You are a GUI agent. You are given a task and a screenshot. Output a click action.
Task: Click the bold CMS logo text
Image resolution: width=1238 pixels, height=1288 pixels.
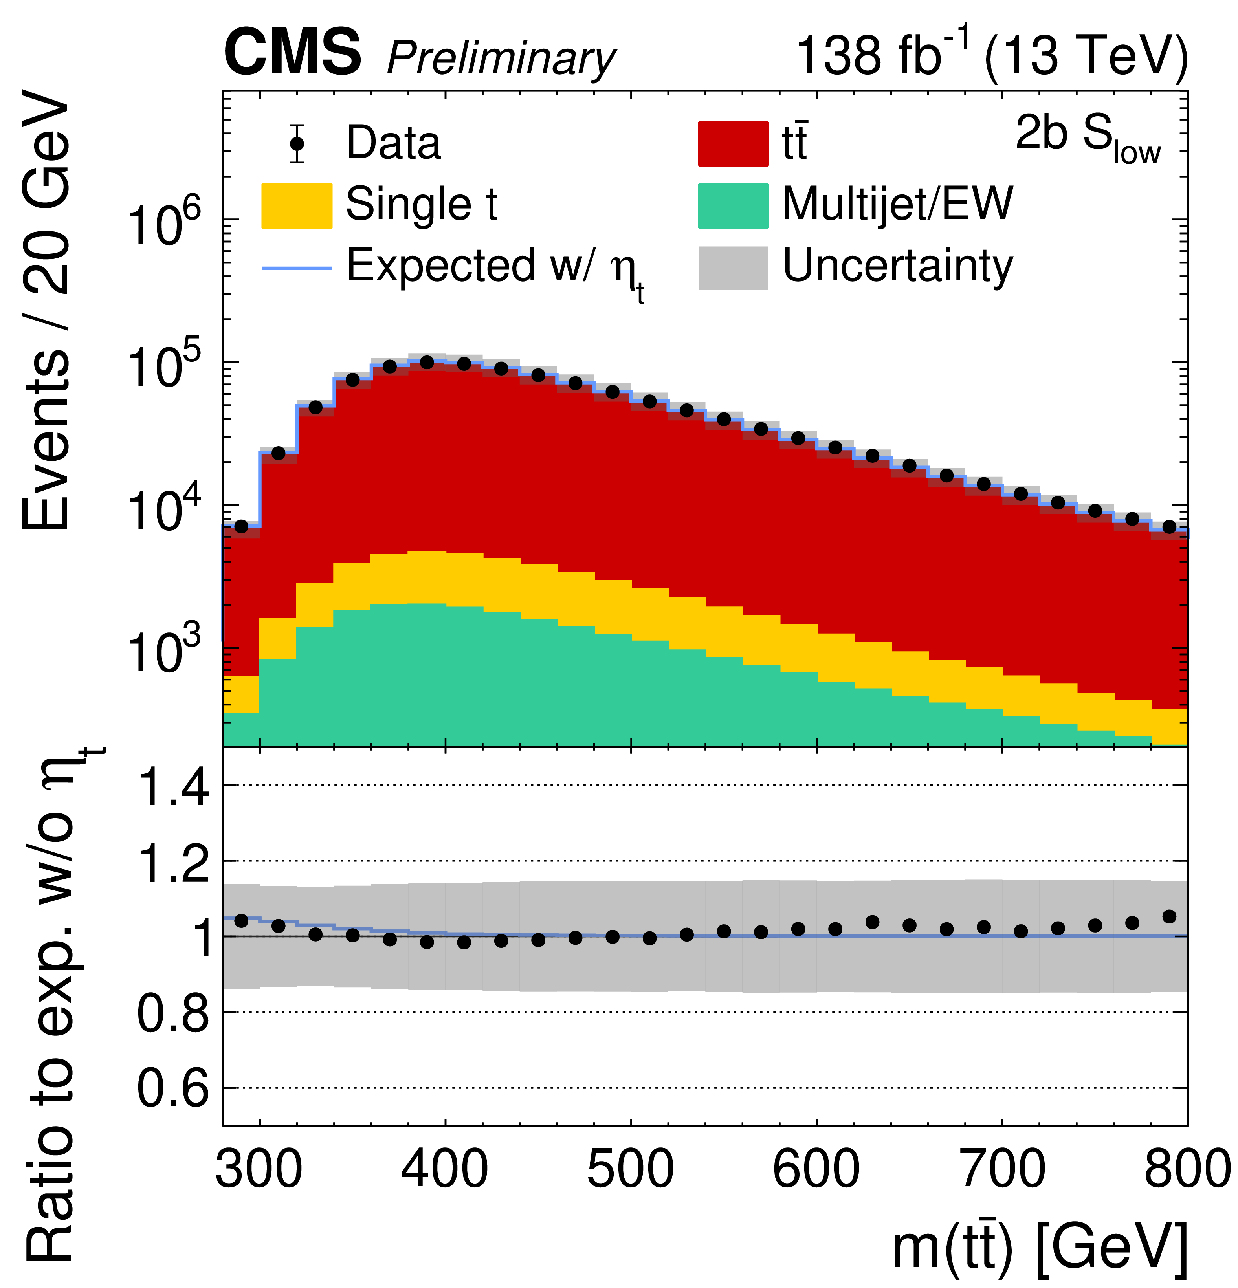(x=293, y=53)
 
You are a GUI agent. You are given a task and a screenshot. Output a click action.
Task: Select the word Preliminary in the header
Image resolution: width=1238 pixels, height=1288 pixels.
(x=501, y=59)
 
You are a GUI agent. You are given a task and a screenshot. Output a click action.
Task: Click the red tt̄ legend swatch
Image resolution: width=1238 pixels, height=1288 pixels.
(x=732, y=143)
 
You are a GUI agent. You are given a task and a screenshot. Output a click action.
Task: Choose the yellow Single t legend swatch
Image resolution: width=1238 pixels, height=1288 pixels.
(x=297, y=206)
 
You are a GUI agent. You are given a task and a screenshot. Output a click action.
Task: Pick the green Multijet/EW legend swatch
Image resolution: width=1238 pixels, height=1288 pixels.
(x=732, y=206)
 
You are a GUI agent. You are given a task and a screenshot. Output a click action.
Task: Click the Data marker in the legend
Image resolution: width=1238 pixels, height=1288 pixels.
(x=297, y=143)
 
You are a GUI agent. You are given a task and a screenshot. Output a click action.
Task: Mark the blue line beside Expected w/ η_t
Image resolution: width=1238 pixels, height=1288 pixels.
(x=297, y=268)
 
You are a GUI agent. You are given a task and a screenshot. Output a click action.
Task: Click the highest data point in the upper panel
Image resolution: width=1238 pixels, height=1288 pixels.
(x=427, y=363)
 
